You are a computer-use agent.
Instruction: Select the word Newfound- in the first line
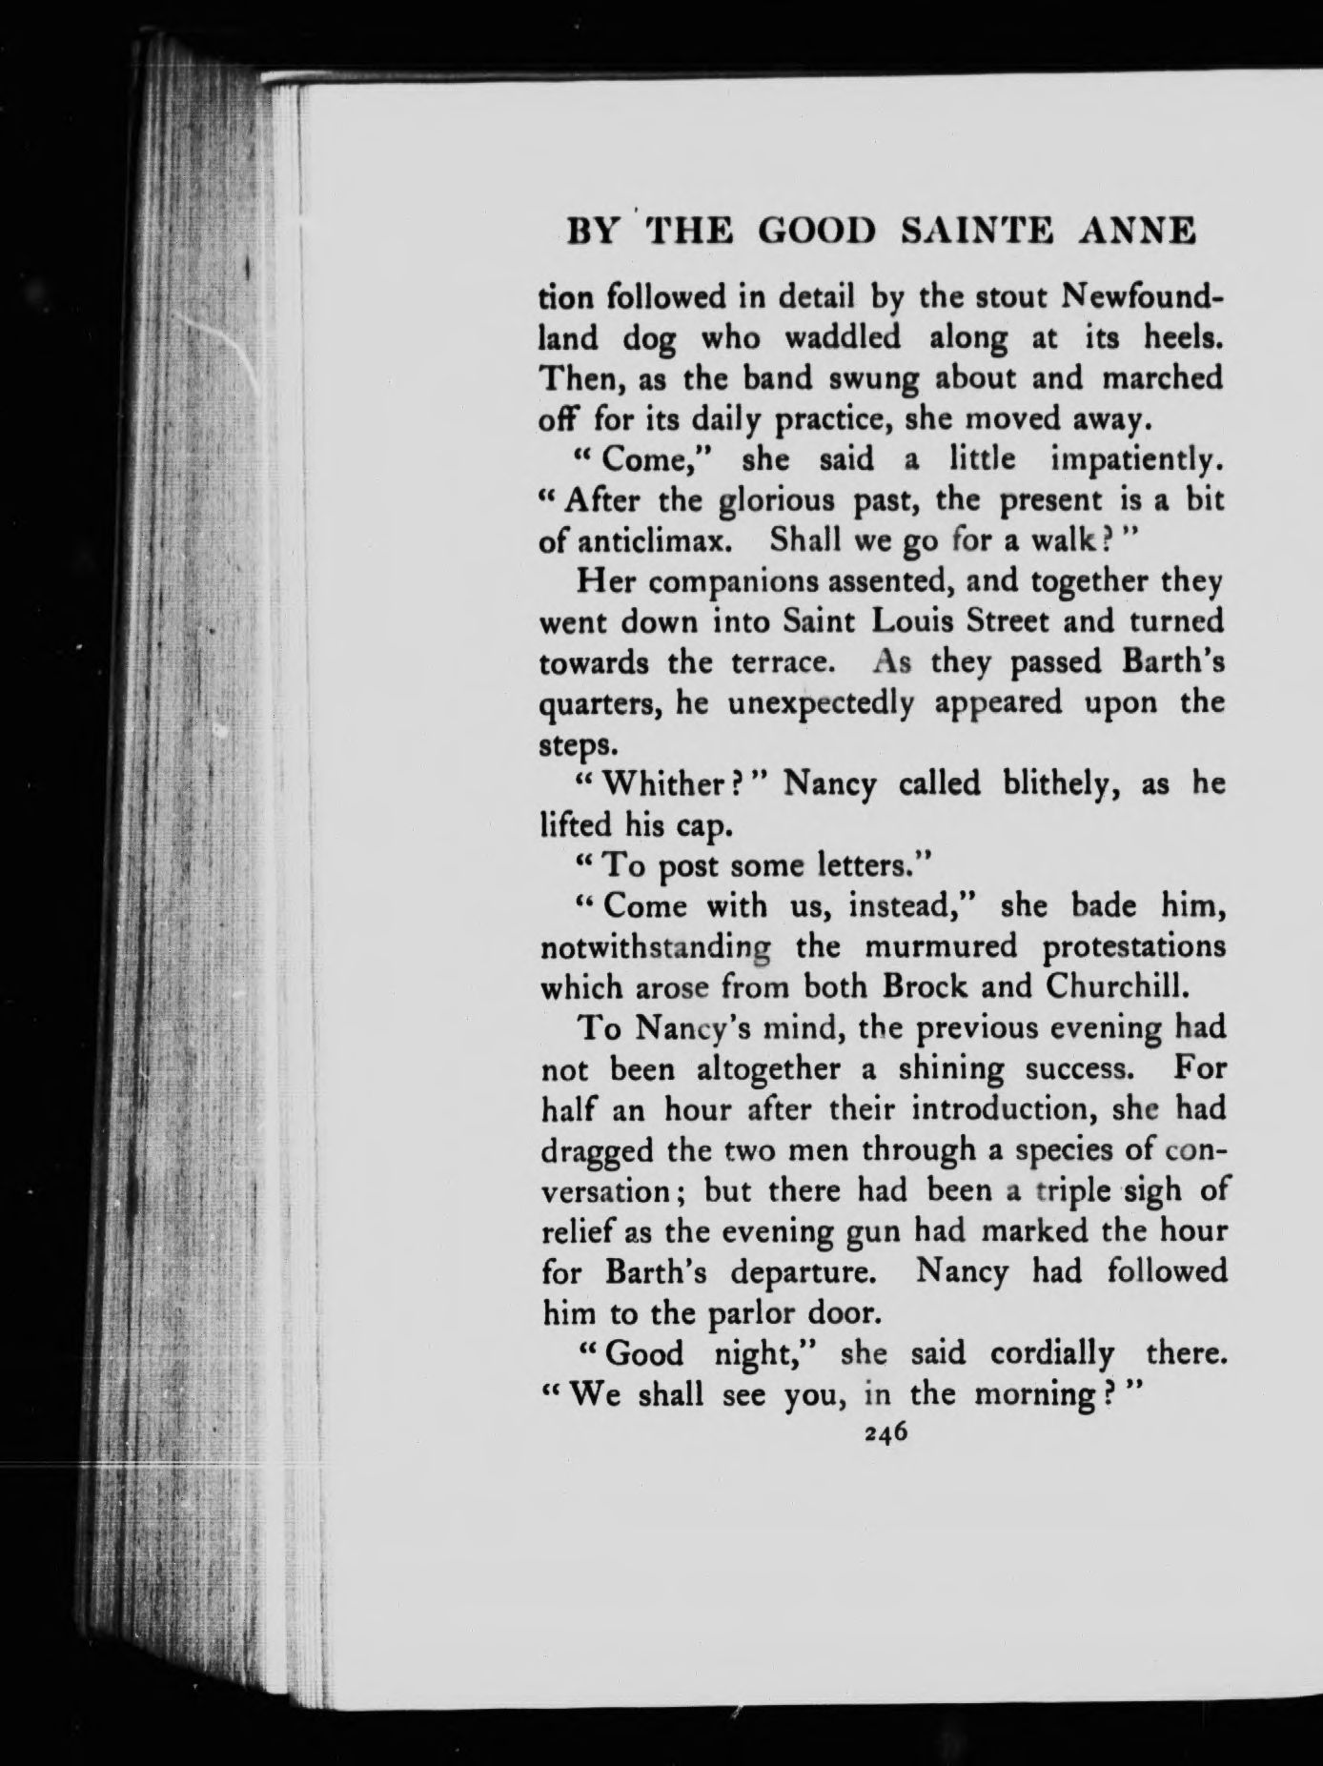1143,297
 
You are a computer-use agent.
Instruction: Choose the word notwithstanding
656,948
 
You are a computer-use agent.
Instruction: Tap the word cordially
1051,1354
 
